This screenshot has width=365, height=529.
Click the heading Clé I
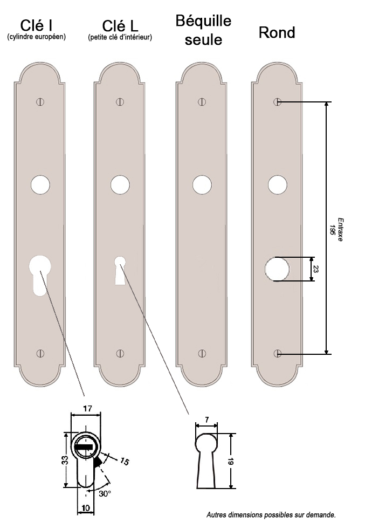[36, 25]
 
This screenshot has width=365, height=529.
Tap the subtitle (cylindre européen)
[37, 37]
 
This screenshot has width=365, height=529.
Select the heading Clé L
[120, 26]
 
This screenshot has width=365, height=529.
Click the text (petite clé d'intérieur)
[120, 37]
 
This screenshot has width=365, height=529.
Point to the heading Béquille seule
[203, 30]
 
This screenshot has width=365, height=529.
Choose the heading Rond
[277, 33]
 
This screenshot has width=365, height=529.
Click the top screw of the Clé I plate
[40, 102]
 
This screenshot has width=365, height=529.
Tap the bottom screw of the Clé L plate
[120, 353]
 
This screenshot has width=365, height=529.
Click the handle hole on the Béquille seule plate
[202, 185]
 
